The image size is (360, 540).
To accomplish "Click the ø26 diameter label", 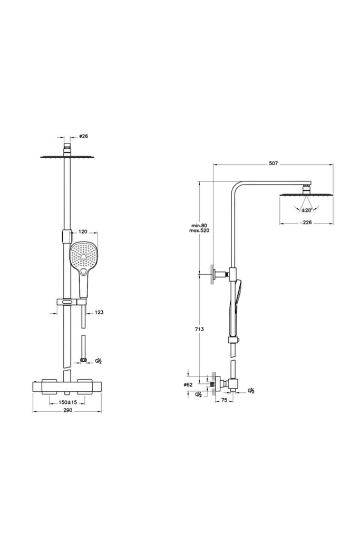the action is pos(84,136).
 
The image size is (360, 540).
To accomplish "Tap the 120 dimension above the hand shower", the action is pos(83,232).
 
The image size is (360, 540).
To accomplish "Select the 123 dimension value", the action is pos(99,312).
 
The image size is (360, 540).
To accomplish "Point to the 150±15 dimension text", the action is pos(67,402).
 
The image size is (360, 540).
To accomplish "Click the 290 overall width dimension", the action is pos(68,410).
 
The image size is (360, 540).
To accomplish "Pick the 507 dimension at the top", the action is pos(273,163).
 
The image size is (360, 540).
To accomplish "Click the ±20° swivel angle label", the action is pos(306,210).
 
